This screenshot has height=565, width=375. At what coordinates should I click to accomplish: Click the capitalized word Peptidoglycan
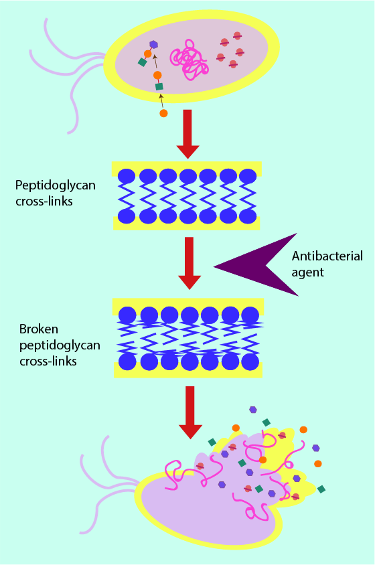pyautogui.click(x=55, y=185)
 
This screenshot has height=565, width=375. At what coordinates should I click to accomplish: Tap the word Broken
pyautogui.click(x=39, y=329)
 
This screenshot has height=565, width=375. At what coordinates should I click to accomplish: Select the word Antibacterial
pyautogui.click(x=327, y=256)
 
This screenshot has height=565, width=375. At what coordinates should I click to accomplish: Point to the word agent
pyautogui.click(x=307, y=272)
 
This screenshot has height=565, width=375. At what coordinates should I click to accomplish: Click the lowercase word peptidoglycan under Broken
pyautogui.click(x=60, y=345)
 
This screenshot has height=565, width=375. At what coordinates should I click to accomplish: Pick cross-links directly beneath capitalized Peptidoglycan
pyautogui.click(x=44, y=201)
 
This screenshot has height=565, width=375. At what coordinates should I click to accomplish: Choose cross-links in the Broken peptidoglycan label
pyautogui.click(x=48, y=361)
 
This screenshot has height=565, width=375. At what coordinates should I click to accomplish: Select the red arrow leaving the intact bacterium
pyautogui.click(x=187, y=134)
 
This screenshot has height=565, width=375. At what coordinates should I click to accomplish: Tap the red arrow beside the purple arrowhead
pyautogui.click(x=190, y=263)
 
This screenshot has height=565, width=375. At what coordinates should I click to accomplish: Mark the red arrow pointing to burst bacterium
pyautogui.click(x=190, y=412)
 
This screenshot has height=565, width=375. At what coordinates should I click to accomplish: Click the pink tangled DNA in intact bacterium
pyautogui.click(x=190, y=60)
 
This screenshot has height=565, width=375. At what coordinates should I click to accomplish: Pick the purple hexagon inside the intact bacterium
pyautogui.click(x=154, y=44)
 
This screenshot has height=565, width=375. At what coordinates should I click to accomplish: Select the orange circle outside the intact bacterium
pyautogui.click(x=163, y=113)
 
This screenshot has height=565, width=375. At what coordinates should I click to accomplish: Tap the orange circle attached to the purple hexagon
pyautogui.click(x=147, y=54)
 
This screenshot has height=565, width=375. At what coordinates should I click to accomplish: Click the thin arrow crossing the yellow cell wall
pyautogui.click(x=161, y=100)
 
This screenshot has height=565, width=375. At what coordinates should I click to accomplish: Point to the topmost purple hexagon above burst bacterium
pyautogui.click(x=253, y=409)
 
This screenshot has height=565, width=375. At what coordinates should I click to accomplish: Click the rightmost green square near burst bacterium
pyautogui.click(x=321, y=489)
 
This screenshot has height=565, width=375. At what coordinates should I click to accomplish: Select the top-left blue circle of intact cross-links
pyautogui.click(x=127, y=176)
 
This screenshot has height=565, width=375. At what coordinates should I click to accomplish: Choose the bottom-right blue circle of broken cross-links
pyautogui.click(x=250, y=361)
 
